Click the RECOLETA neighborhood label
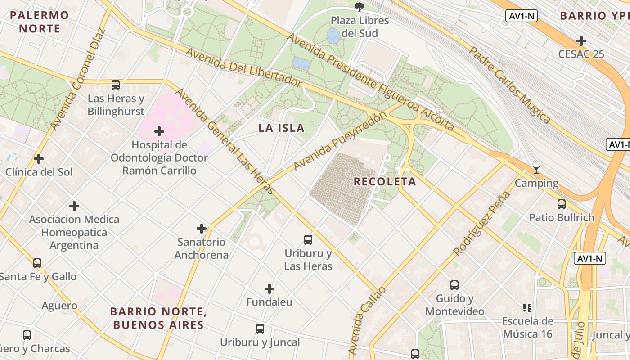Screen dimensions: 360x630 coord(385,182)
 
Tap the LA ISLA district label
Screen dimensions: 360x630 coord(281,128)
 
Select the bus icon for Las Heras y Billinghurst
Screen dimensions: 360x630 coord(116,85)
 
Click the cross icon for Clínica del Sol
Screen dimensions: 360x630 coord(39,159)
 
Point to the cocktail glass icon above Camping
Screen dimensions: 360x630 coord(536,170)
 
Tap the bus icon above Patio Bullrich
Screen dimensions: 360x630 coord(561,204)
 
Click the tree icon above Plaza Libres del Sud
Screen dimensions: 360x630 coord(359,7)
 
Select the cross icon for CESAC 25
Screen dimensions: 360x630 coord(581,41)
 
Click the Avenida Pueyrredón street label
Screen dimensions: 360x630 coord(340,141)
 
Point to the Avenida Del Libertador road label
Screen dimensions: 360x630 coord(243,67)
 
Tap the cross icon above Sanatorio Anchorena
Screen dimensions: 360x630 coord(202,229)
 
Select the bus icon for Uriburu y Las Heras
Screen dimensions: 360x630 coord(308,240)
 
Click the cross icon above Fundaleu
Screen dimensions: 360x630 coord(270,288)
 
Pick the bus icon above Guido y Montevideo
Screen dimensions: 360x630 coord(454,285)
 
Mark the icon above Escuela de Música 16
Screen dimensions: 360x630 coord(527,308)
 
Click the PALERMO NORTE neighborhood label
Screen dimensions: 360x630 coord(40,22)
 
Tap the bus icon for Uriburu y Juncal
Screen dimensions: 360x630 coord(260,329)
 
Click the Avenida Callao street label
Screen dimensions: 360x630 coord(367,320)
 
